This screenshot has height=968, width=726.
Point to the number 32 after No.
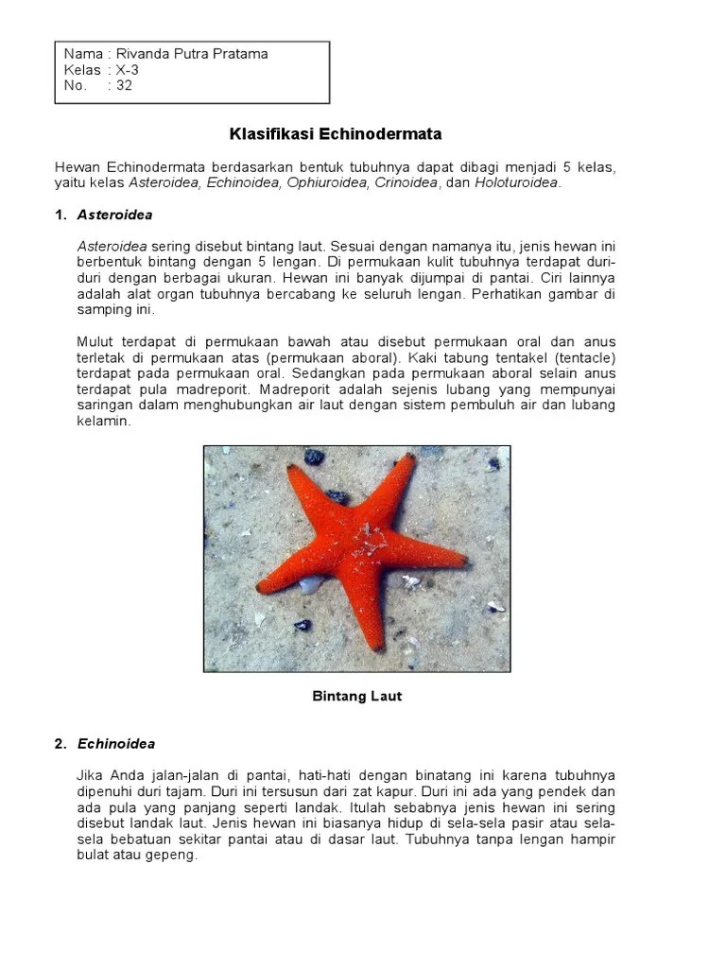click(125, 85)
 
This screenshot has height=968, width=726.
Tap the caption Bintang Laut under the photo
click(357, 697)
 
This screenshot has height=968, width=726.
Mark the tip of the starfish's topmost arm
click(408, 458)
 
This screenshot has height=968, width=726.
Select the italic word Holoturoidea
click(517, 182)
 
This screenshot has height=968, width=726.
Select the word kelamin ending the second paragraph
click(103, 422)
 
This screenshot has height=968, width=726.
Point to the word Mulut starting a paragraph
click(94, 341)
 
